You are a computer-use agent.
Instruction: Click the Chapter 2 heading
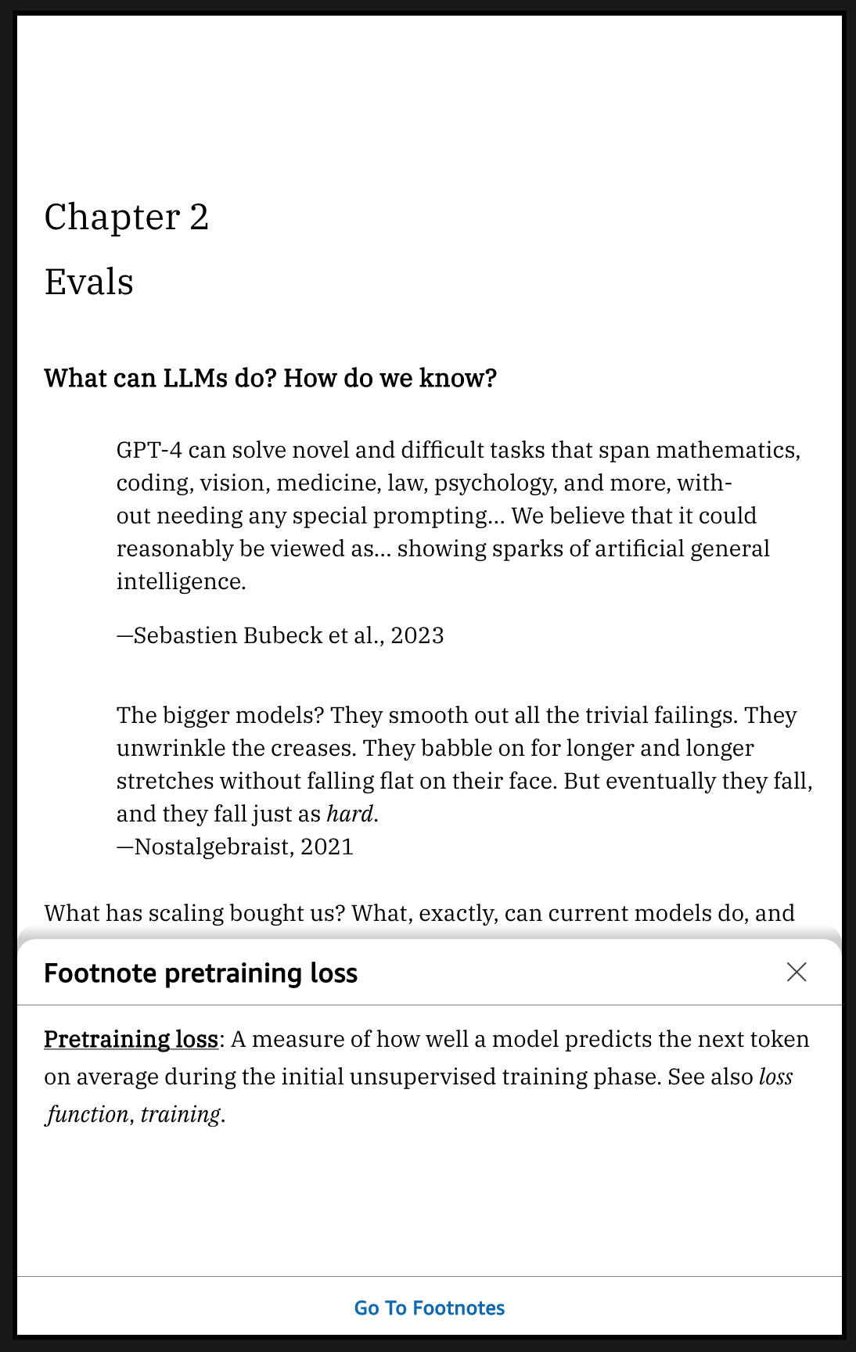coord(127,218)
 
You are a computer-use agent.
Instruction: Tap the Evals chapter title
coord(88,282)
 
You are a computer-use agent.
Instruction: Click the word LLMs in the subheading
coord(195,379)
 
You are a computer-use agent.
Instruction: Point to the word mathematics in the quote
coord(727,451)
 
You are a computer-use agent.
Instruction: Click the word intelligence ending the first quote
coord(181,582)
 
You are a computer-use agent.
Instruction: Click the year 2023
coord(417,635)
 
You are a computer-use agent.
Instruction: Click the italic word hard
coord(349,814)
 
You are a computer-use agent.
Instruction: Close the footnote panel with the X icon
coord(797,973)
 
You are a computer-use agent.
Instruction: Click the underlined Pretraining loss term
coord(131,1040)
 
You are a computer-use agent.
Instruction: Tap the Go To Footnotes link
coord(429,1308)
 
